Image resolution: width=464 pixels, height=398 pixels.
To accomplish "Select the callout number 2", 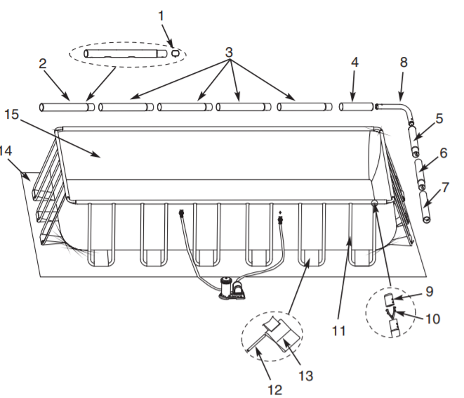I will (43, 64).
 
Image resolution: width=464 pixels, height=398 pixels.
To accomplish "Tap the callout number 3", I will (229, 53).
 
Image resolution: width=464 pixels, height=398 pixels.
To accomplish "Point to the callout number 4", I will (354, 62).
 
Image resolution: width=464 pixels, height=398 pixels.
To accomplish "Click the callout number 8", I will (403, 62).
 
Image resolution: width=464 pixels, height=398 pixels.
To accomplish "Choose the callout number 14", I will (6, 149).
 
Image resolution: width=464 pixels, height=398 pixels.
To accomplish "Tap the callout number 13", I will (305, 376).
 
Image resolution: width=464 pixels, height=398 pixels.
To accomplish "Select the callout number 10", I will (432, 319).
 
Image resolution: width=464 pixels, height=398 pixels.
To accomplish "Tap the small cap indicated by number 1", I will (175, 53).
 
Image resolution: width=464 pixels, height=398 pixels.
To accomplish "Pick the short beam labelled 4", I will (356, 107).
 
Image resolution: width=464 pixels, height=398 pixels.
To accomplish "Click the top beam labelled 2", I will (67, 107).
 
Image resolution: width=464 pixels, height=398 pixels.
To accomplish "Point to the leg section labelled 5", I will (415, 140).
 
